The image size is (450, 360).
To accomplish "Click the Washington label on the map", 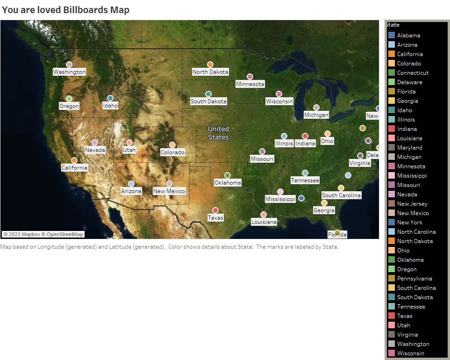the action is tap(69, 72).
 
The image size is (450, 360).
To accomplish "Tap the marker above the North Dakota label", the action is tap(210, 65).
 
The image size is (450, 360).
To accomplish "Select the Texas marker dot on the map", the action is tap(215, 210).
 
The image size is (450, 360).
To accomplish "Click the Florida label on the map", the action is tap(337, 235).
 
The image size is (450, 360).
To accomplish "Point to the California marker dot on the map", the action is tap(74, 160).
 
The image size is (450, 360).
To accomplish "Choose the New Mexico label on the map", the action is tap(169, 191).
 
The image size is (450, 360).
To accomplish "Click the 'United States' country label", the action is tap(218, 133).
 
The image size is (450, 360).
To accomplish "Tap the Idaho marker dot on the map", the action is tap(110, 98).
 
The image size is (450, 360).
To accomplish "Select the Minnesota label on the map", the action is tap(250, 84).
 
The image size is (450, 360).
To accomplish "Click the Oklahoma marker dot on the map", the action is tap(228, 175).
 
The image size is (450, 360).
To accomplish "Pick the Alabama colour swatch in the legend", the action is tap(392, 35).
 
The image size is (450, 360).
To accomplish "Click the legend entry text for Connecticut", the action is tap(413, 73).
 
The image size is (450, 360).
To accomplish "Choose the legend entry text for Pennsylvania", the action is tap(414, 279).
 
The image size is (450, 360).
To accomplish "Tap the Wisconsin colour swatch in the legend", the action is tap(392, 353).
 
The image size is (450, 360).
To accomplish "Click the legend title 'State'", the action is tap(393, 25).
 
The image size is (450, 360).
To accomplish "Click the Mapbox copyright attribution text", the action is tap(43, 234).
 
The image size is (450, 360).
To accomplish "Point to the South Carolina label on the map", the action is tap(341, 195).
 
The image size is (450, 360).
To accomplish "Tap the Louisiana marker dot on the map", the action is tap(264, 215).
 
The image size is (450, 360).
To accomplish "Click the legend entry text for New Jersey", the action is tap(412, 204).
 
